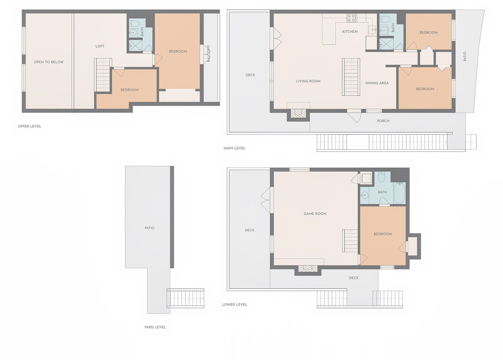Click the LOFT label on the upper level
pyautogui.click(x=100, y=46)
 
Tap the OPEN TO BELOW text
pyautogui.click(x=49, y=62)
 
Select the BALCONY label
pyautogui.click(x=208, y=53)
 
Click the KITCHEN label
pyautogui.click(x=350, y=32)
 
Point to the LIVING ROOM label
pyautogui.click(x=308, y=81)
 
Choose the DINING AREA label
pyautogui.click(x=377, y=83)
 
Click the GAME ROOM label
pyautogui.click(x=315, y=214)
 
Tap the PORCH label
pyautogui.click(x=383, y=121)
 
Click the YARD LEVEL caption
pyautogui.click(x=155, y=327)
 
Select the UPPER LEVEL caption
pyautogui.click(x=29, y=126)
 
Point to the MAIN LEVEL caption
pyautogui.click(x=234, y=148)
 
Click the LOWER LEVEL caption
pyautogui.click(x=234, y=305)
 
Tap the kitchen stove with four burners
pyautogui.click(x=351, y=18)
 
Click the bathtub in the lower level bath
pyautogui.click(x=399, y=193)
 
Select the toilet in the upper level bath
pyautogui.click(x=135, y=23)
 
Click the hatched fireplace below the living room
pyautogui.click(x=298, y=113)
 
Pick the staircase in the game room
pyautogui.click(x=350, y=241)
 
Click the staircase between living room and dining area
pyautogui.click(x=351, y=77)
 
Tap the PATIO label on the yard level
pyautogui.click(x=149, y=228)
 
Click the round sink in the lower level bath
pyautogui.click(x=364, y=195)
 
